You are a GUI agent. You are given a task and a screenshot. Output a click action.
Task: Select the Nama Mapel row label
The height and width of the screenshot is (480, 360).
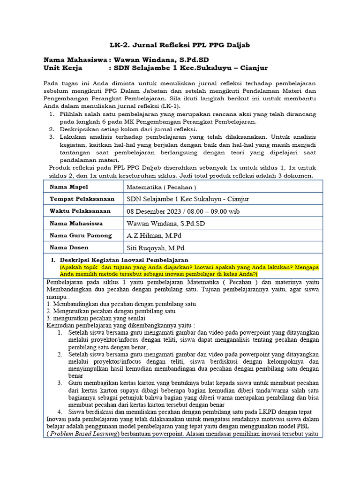[x=69, y=187]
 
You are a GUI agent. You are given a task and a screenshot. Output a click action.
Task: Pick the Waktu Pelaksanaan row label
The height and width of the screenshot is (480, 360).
[x=80, y=211]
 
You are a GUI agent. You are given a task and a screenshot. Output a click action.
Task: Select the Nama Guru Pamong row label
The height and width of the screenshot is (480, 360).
[x=81, y=235]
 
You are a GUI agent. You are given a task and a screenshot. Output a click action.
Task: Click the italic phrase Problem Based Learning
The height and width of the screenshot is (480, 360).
[x=83, y=434]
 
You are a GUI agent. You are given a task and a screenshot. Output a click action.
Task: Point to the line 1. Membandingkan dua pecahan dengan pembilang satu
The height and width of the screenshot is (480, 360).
[x=121, y=304]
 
